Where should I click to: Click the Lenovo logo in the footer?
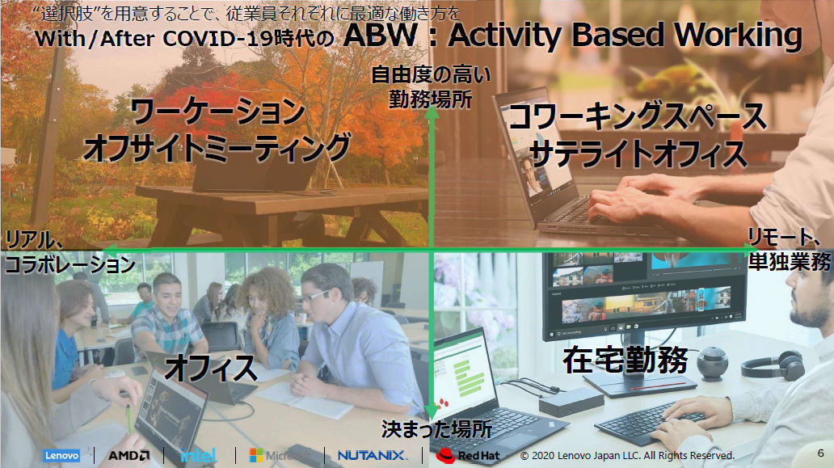61,455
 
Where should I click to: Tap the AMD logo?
128,455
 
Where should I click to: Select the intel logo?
198,455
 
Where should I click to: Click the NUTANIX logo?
373,455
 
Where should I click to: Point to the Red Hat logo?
468,455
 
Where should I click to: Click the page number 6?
821,453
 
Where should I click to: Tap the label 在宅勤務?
625,360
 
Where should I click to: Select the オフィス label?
211,368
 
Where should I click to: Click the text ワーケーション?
217,112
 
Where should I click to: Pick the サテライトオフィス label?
638,154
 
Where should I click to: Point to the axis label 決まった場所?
436,429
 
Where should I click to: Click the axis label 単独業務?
790,261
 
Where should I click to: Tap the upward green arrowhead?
432,112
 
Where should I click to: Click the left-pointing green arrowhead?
110,249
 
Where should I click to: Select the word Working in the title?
739,36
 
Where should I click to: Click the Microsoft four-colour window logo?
256,455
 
